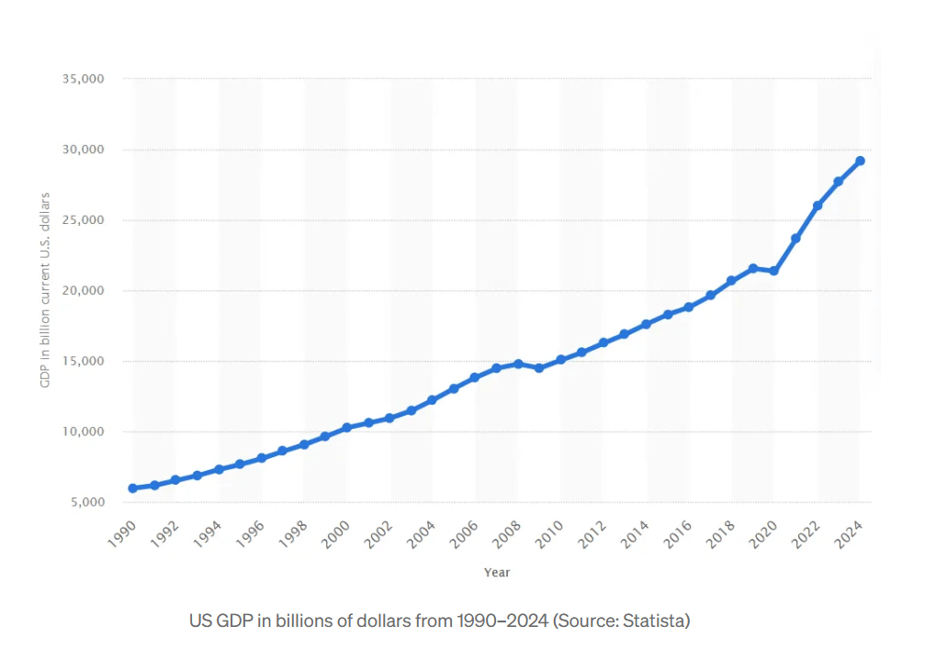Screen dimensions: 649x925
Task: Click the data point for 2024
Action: (x=860, y=161)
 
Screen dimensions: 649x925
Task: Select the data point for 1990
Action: (x=133, y=488)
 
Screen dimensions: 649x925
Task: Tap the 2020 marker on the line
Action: (x=774, y=271)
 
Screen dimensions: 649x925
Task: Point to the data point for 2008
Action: (x=518, y=364)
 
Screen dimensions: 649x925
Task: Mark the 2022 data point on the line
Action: (x=818, y=206)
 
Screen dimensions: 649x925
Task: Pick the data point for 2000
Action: (x=346, y=428)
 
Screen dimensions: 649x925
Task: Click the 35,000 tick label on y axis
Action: (x=84, y=79)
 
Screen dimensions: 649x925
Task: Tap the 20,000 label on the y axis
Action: (x=84, y=291)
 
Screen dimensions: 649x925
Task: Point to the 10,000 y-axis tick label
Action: (x=84, y=431)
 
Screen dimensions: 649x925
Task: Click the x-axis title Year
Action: (x=497, y=572)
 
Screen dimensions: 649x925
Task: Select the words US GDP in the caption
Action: (x=220, y=621)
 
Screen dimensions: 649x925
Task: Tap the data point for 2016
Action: (x=689, y=307)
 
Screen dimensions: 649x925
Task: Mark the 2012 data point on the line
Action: (x=604, y=342)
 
